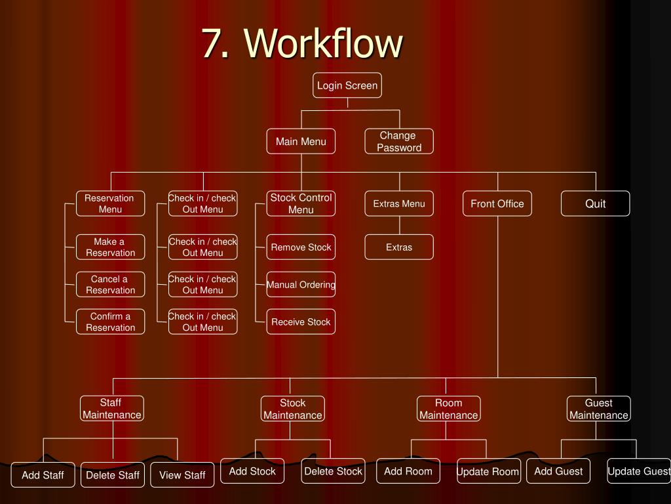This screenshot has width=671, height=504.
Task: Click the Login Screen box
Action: tap(347, 85)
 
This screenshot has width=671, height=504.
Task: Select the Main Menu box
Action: tap(301, 142)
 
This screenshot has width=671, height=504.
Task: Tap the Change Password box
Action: tap(398, 142)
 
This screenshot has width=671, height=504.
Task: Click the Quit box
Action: tap(595, 203)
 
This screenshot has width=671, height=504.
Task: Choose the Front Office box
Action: tap(497, 203)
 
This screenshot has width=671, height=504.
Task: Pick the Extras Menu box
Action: tap(398, 203)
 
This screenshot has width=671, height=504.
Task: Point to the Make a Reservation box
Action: tap(110, 247)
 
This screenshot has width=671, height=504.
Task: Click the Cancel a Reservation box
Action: tap(110, 285)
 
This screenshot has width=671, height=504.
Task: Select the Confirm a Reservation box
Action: tap(110, 322)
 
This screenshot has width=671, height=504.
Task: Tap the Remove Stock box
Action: tap(301, 247)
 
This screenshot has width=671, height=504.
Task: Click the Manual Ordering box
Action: tap(301, 285)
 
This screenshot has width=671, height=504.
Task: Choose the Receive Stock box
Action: tap(301, 322)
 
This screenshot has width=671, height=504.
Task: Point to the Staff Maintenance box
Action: tap(111, 408)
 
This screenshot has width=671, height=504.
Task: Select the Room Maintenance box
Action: tap(449, 409)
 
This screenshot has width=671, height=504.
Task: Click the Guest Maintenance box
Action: tap(598, 409)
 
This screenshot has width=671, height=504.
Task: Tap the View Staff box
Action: tap(182, 475)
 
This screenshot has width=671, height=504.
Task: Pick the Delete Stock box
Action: tap(333, 471)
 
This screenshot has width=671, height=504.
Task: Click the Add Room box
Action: tap(408, 471)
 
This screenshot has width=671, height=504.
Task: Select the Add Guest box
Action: tap(558, 471)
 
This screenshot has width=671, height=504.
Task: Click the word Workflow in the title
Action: tap(324, 43)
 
